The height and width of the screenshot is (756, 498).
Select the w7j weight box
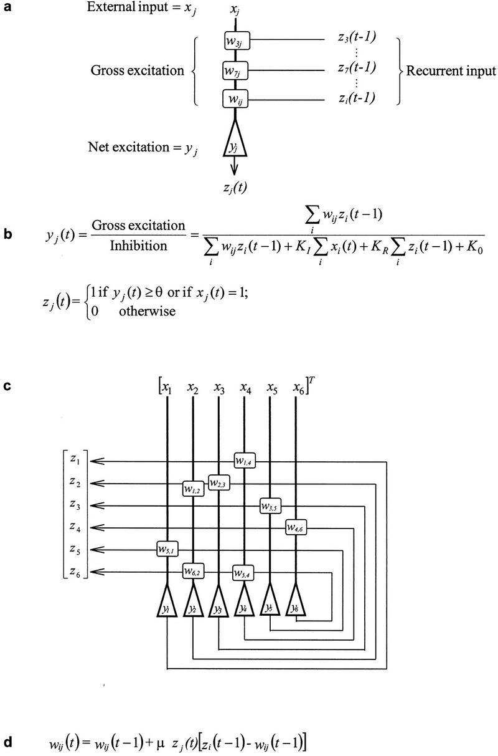pyautogui.click(x=235, y=70)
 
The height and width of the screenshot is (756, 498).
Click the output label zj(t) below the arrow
pyautogui.click(x=235, y=188)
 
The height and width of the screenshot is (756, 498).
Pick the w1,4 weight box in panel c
pyautogui.click(x=244, y=460)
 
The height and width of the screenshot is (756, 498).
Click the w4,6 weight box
pyautogui.click(x=296, y=527)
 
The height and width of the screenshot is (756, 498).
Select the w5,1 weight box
pyautogui.click(x=167, y=549)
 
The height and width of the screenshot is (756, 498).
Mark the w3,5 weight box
pyautogui.click(x=270, y=505)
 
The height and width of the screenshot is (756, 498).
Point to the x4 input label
pyautogui.click(x=244, y=390)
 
